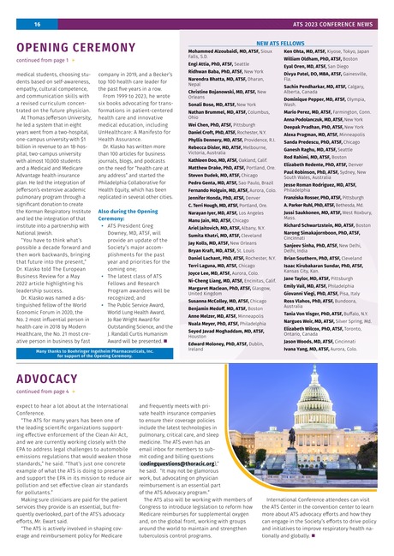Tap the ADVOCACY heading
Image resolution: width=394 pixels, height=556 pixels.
(x=48, y=376)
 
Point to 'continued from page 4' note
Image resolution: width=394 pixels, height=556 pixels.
(x=43, y=391)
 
